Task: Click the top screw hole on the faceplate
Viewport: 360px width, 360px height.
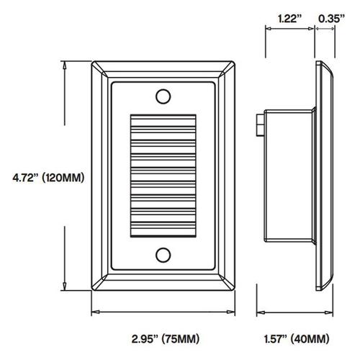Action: click(x=163, y=95)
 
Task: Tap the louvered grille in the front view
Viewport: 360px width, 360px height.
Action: click(x=163, y=174)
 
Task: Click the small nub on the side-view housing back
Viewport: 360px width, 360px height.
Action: click(x=258, y=127)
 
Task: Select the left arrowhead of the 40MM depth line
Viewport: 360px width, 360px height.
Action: click(x=261, y=312)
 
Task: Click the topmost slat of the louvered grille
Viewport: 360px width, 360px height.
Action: click(x=163, y=117)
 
